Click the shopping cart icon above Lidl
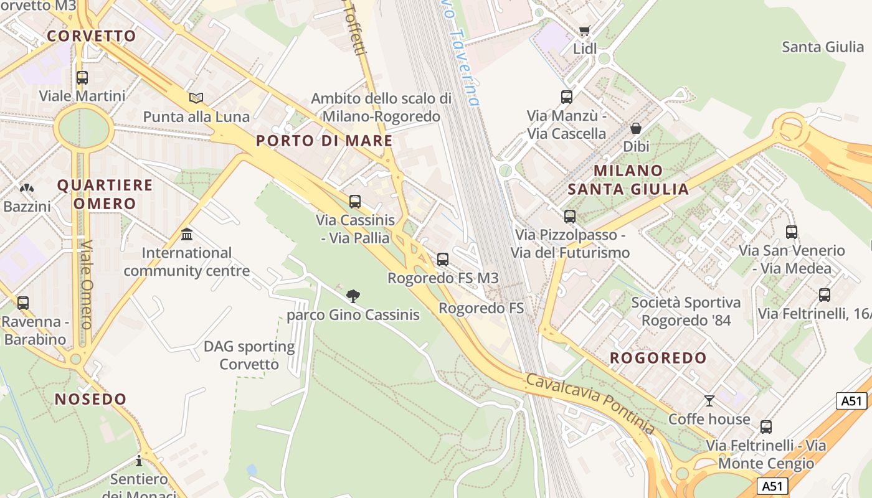[584, 31]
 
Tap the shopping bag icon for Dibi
[636, 128]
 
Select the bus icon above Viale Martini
[82, 78]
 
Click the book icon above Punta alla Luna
[196, 98]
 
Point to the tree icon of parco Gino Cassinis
[353, 296]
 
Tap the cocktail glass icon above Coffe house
[709, 400]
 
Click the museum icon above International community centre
[186, 235]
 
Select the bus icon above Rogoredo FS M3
[443, 260]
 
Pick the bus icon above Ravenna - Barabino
[23, 303]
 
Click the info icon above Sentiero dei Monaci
[139, 461]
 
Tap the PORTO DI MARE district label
[325, 141]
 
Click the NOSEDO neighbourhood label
[91, 399]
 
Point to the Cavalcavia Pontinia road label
[590, 403]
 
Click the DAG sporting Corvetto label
[249, 355]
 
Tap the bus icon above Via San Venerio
[792, 232]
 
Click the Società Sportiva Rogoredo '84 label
[686, 311]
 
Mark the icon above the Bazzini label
[27, 187]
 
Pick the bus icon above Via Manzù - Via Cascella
[567, 97]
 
